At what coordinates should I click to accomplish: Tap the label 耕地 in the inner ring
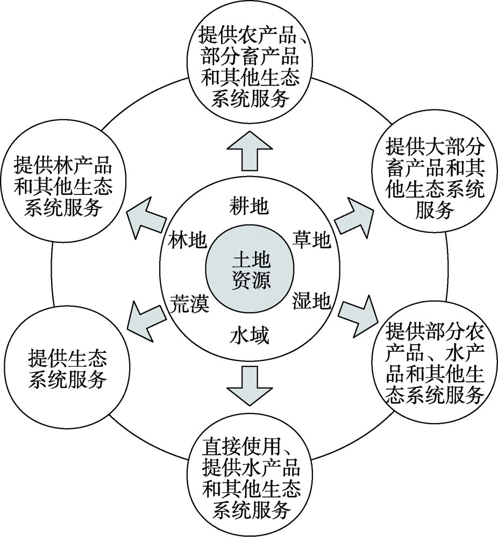point(249,206)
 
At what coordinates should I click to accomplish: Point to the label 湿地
point(311,301)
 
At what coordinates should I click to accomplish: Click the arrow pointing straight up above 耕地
point(250,151)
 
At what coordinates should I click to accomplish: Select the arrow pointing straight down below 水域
point(250,385)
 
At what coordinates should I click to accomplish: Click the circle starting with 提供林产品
point(64,186)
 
